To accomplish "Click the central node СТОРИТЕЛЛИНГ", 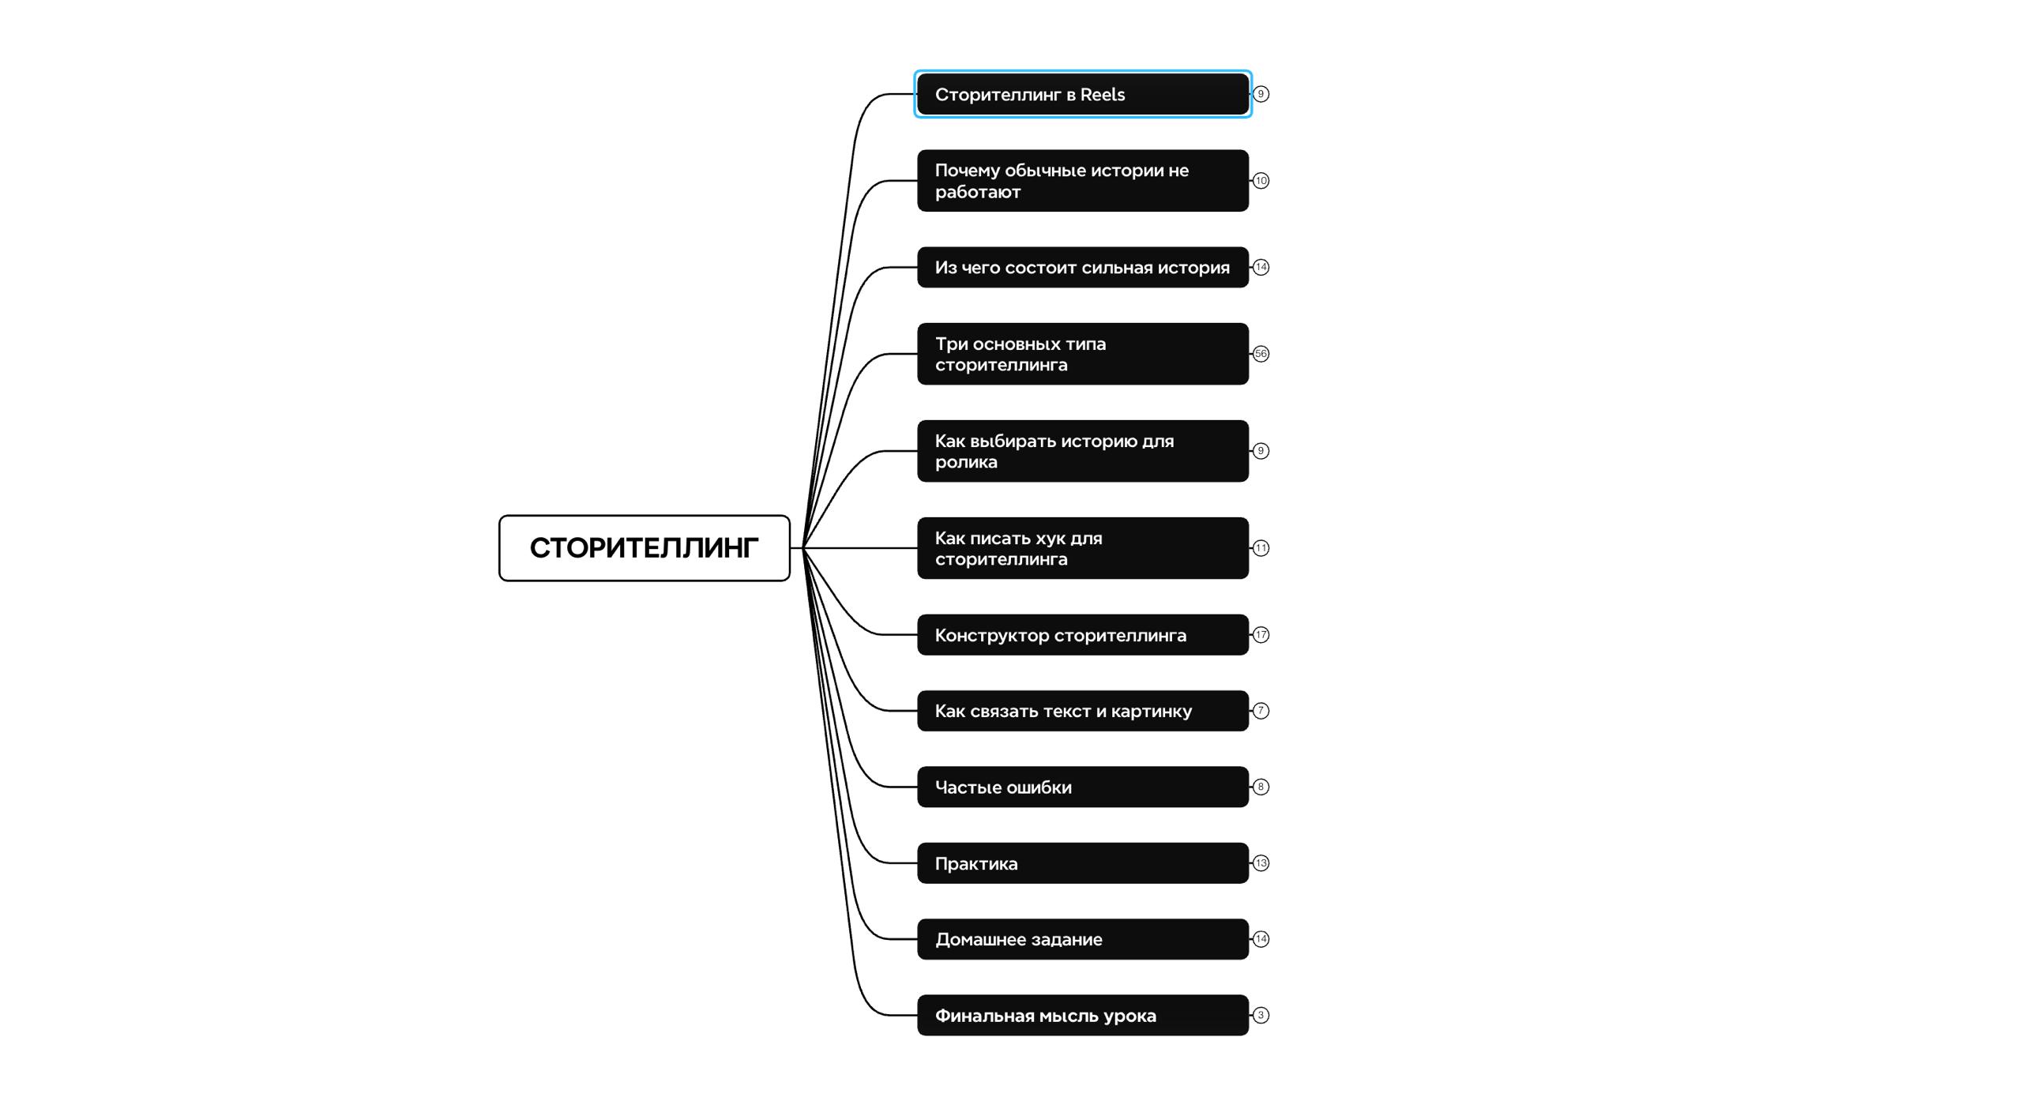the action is [644, 548].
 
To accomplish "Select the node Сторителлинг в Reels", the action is [1083, 94].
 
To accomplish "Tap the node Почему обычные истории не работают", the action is [1083, 181].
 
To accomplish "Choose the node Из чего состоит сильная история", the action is [1083, 267].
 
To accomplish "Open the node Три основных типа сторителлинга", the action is [1083, 354].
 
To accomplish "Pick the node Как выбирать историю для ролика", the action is [1083, 451].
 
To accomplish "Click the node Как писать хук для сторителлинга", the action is [1083, 548].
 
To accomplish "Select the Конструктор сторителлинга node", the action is [1083, 635].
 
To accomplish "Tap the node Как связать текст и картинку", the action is [1083, 711].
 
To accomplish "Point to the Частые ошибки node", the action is [1083, 787].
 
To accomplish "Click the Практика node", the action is [1083, 863].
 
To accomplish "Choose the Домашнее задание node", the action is [1083, 939].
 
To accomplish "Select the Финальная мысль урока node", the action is [1083, 1015].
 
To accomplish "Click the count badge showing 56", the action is [1261, 354].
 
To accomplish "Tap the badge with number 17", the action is [1261, 635].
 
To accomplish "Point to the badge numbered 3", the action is [1261, 1015].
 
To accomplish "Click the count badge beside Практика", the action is [1261, 863].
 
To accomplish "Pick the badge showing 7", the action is [1261, 711].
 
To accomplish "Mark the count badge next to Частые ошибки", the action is [1261, 787].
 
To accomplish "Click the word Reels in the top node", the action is [1103, 95].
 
